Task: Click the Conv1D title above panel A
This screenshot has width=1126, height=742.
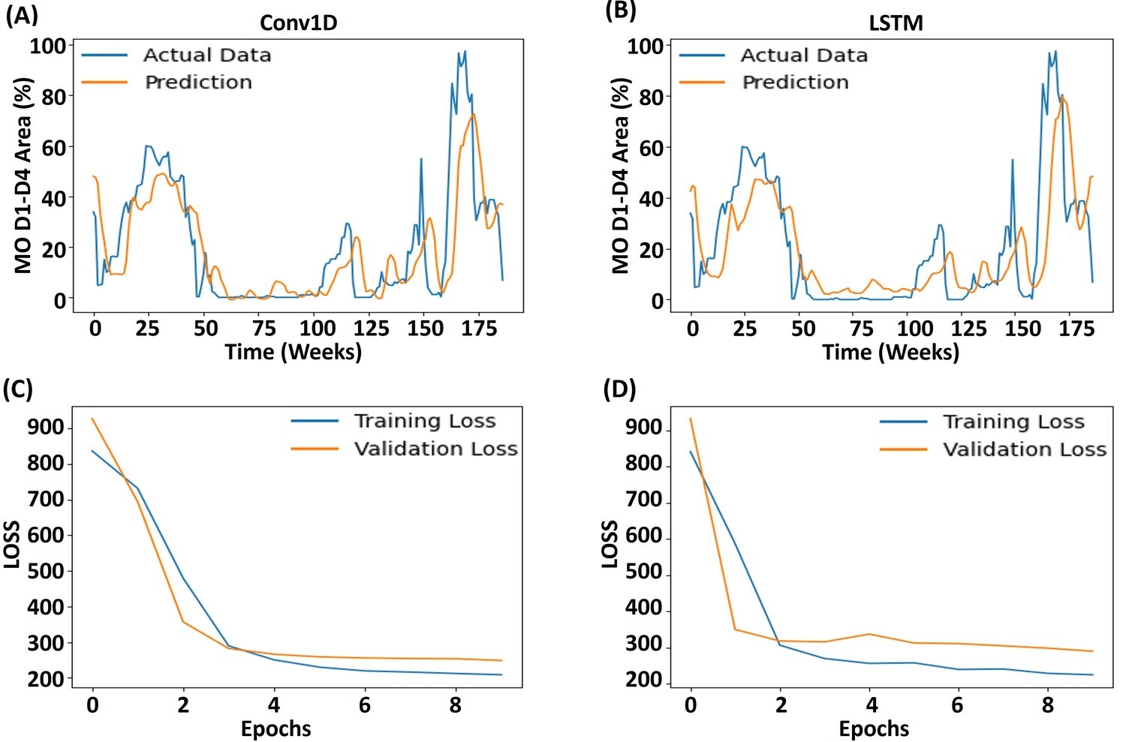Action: pos(298,23)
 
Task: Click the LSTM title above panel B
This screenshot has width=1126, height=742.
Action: pos(896,23)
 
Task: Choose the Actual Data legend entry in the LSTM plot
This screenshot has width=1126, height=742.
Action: pos(804,55)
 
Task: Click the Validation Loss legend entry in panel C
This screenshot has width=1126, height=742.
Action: pos(435,449)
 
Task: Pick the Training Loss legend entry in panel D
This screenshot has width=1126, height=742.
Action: pos(1013,422)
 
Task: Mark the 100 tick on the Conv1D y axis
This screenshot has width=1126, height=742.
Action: pos(47,46)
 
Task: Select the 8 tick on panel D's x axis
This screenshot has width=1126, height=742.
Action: pos(1048,705)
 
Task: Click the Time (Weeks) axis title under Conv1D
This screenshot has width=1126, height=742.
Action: pos(294,352)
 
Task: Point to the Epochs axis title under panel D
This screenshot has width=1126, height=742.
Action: pos(874,728)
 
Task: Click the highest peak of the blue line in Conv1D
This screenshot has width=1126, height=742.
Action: pos(465,51)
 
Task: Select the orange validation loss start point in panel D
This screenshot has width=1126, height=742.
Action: pos(691,419)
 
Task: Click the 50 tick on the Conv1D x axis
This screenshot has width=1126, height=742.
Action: pos(206,329)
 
